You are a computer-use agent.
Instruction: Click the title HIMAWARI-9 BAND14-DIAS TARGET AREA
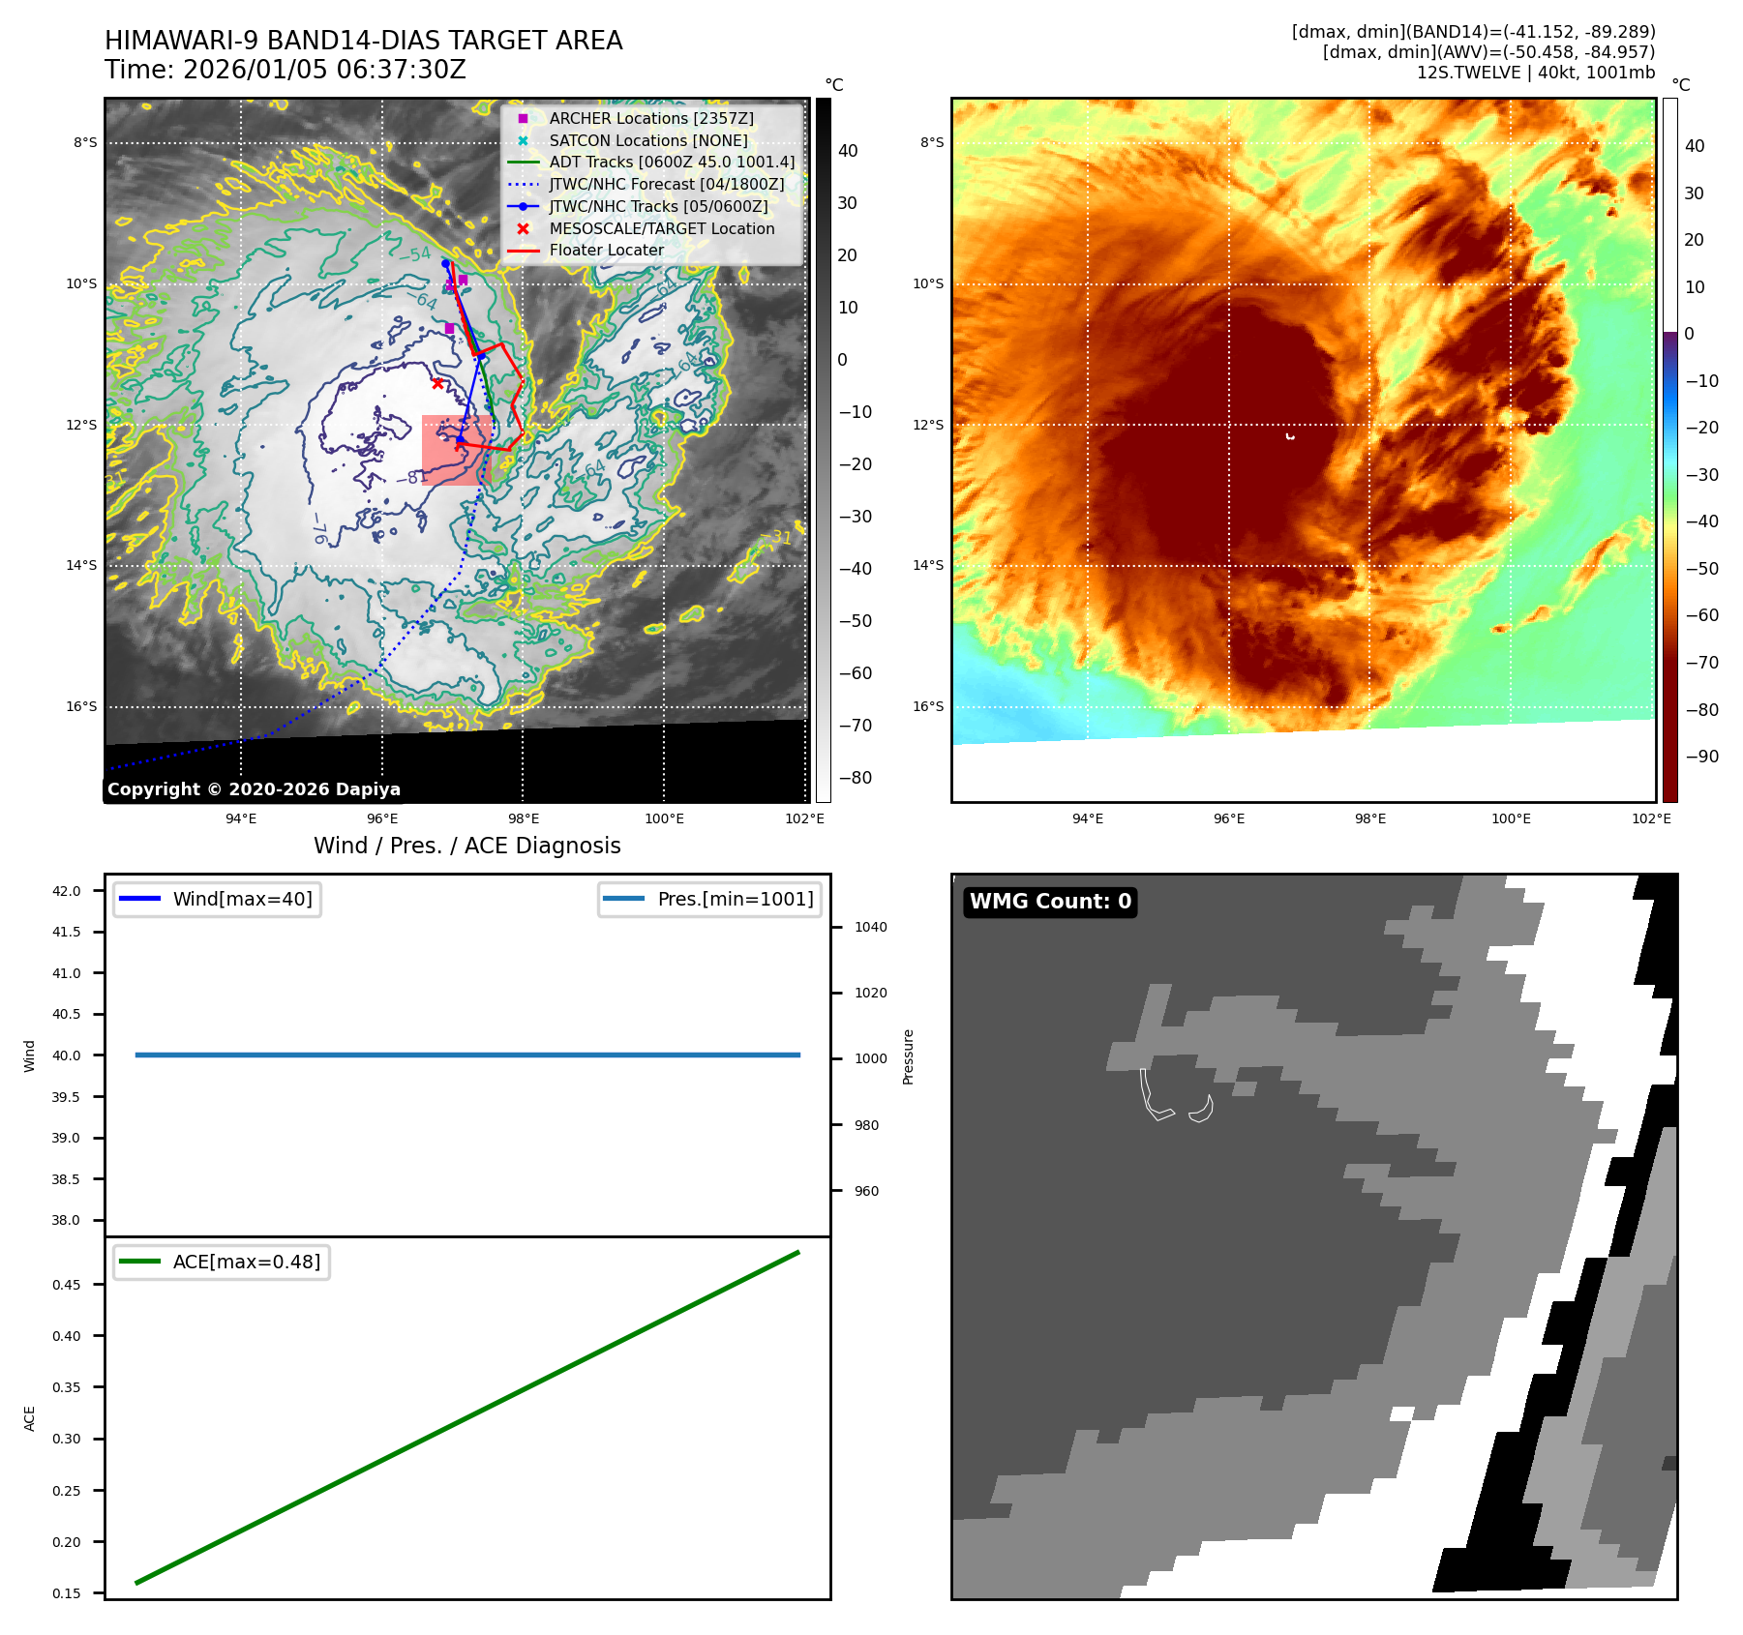tap(363, 41)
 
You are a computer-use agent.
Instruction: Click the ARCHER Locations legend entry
tap(650, 118)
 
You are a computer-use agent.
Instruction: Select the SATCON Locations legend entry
tap(647, 140)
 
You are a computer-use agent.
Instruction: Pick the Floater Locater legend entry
tap(606, 250)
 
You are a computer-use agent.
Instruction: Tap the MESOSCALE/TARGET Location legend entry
tap(661, 228)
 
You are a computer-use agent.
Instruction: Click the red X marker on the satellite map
tap(437, 383)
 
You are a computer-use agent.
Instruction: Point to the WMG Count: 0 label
tap(1050, 902)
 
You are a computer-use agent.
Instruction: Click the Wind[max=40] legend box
tap(218, 899)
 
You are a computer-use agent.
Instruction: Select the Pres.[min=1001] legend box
tap(709, 899)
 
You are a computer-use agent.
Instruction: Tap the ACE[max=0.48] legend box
tap(222, 1262)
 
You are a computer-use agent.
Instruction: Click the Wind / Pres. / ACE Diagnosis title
tap(466, 846)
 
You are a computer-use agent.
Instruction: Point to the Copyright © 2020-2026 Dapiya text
tap(254, 789)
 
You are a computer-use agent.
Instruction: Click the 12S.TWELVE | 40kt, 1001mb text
tap(1535, 73)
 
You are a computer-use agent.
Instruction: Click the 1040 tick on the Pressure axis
tap(870, 927)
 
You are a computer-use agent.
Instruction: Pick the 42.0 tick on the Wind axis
tap(67, 891)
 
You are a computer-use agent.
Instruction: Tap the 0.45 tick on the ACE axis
tap(67, 1285)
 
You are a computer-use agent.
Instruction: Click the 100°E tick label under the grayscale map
tap(664, 818)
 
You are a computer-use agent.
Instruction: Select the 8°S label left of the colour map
tap(932, 143)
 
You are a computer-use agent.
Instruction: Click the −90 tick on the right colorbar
tap(1701, 757)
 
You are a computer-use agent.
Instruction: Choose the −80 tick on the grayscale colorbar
tap(855, 778)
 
